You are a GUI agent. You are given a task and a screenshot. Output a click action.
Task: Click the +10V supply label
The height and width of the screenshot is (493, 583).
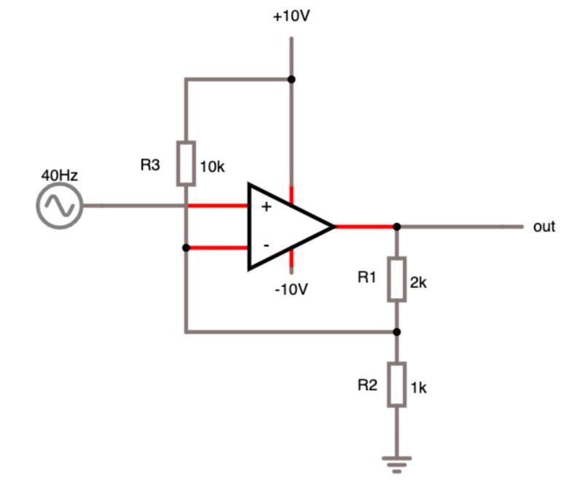(x=291, y=16)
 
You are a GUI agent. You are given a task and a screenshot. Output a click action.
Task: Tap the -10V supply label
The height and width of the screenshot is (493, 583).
(x=291, y=289)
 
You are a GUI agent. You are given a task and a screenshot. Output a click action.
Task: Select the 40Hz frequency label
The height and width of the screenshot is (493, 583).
(x=59, y=175)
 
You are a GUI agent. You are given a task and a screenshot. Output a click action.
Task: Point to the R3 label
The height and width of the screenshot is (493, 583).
(x=149, y=165)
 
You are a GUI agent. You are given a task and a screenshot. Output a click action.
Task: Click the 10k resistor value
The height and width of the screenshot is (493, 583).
(x=212, y=167)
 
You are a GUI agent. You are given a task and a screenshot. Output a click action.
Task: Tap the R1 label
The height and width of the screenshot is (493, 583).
(x=367, y=277)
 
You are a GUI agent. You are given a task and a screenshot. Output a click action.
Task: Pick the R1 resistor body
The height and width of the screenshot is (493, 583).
(x=396, y=279)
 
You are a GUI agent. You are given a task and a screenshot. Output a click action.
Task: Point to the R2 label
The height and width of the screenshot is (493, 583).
(x=367, y=385)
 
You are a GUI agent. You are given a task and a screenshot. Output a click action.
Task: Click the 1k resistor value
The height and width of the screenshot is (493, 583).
(x=418, y=388)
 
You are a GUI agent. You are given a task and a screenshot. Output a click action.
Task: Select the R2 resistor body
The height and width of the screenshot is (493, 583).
(x=396, y=385)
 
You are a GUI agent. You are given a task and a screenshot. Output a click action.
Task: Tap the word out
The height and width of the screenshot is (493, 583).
(x=544, y=226)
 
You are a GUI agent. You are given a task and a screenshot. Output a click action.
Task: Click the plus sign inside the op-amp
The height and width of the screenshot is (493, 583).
(x=266, y=207)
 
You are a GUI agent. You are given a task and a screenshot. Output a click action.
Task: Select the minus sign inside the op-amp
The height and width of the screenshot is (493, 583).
(x=266, y=246)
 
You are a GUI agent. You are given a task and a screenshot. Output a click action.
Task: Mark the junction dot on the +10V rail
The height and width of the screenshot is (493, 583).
(x=291, y=79)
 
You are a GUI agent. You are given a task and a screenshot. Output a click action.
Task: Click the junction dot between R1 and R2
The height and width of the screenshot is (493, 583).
(x=396, y=332)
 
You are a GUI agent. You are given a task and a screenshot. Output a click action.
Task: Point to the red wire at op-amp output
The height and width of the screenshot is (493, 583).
(x=364, y=226)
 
